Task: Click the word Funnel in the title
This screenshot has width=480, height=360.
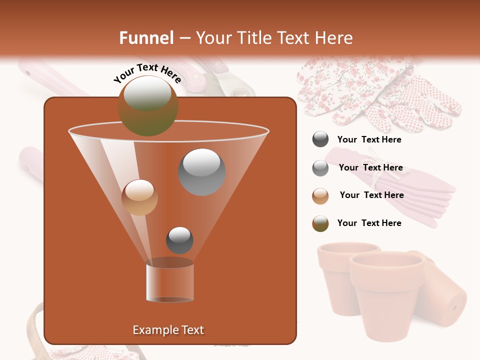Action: pos(146,38)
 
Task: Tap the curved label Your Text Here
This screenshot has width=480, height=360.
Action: pos(147,73)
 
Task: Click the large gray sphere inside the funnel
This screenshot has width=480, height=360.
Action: pos(202,171)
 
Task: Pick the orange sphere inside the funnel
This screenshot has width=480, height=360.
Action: pos(139,197)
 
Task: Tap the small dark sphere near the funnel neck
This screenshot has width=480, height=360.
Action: pos(179,240)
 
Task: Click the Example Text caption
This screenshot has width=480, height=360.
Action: pos(168,330)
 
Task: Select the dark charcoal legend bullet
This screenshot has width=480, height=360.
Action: pos(320,139)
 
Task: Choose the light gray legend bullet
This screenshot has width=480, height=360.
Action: pos(320,168)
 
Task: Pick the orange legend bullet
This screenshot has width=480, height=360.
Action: pos(320,196)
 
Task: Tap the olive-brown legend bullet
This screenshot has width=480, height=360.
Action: pos(320,223)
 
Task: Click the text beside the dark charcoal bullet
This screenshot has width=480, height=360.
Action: pos(369,140)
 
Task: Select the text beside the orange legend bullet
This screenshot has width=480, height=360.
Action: pos(371,195)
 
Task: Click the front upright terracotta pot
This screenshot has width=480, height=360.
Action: pos(385,295)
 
